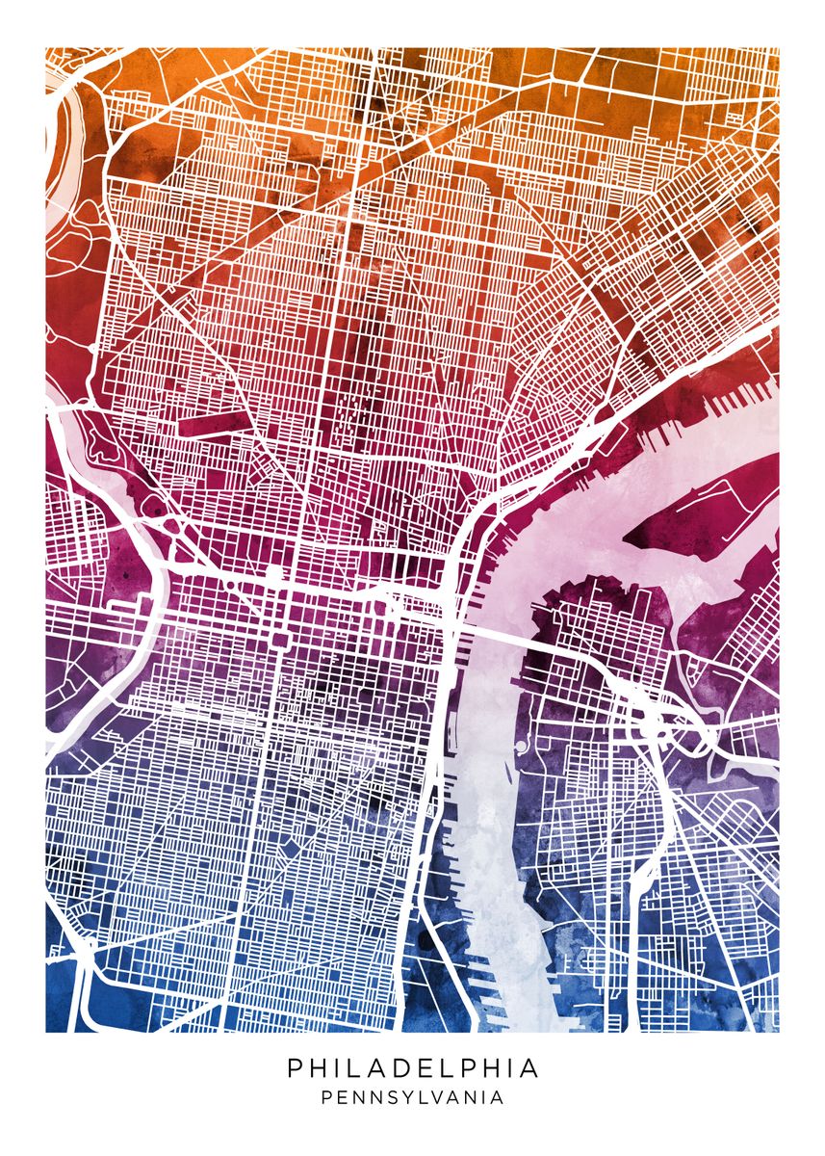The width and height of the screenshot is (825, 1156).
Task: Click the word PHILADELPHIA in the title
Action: [412, 1068]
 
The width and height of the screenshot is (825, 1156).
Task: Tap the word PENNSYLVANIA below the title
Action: [412, 1097]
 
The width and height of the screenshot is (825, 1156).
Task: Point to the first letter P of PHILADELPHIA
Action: [294, 1068]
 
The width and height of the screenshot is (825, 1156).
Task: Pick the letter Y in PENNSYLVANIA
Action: [416, 1097]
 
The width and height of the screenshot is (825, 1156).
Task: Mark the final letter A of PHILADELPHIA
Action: [529, 1068]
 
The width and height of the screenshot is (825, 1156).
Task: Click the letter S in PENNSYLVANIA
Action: [400, 1097]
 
